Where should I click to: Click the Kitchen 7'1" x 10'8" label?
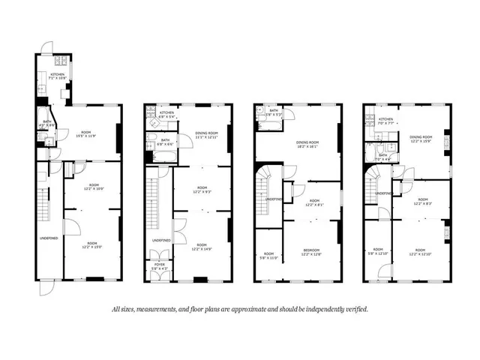click(x=58, y=76)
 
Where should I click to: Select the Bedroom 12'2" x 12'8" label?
click(x=312, y=253)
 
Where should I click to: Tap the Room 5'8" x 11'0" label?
click(x=268, y=256)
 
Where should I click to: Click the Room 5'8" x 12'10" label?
click(x=378, y=251)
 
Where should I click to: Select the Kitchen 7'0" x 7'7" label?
click(x=386, y=121)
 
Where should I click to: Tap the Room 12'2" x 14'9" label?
click(x=202, y=247)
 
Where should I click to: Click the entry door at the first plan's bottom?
click(x=46, y=287)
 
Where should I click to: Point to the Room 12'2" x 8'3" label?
click(x=420, y=202)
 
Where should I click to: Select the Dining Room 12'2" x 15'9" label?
click(x=420, y=139)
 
